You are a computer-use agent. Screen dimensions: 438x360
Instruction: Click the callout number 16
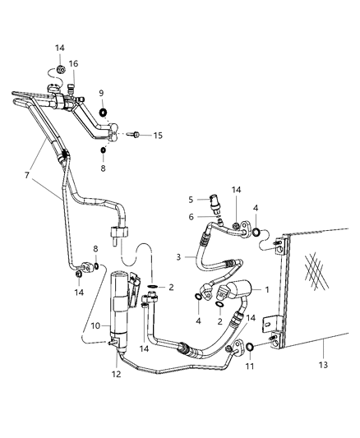click(73, 63)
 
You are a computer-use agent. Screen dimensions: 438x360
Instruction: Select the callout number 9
click(101, 93)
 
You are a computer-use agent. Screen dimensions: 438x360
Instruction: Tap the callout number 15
click(158, 135)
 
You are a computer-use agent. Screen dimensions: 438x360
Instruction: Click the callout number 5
click(192, 199)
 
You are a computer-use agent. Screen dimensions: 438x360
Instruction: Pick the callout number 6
click(192, 217)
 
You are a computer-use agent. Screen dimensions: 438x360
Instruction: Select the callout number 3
click(178, 256)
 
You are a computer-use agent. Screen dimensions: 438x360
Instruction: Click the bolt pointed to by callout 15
click(137, 135)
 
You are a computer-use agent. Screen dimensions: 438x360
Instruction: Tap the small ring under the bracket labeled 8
click(104, 150)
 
